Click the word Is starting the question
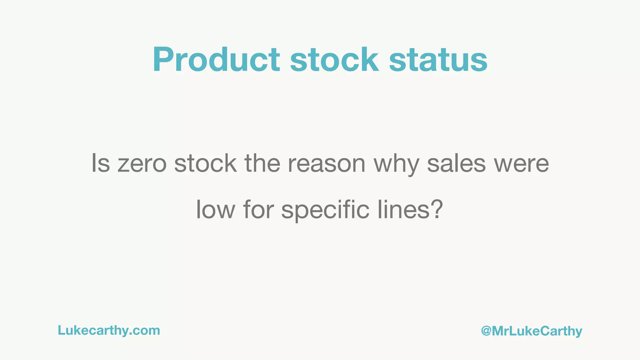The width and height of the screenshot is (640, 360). (101, 163)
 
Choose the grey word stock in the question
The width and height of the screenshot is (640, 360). (205, 163)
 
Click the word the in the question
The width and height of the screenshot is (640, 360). (262, 163)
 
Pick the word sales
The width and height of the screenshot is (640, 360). (456, 163)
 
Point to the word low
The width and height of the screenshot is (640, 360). (215, 209)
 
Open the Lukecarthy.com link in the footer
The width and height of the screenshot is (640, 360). (109, 330)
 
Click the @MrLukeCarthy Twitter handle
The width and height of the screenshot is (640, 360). (532, 331)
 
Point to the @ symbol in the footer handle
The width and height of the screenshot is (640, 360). (486, 331)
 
